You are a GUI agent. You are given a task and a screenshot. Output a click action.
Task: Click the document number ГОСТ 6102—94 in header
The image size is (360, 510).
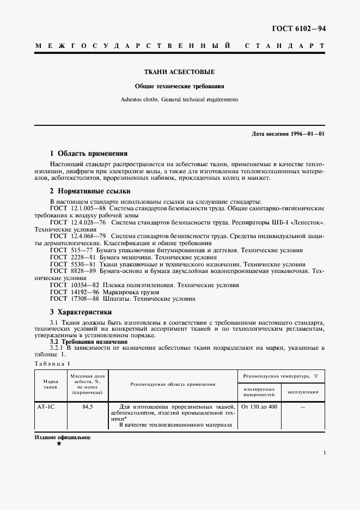pyautogui.click(x=298, y=29)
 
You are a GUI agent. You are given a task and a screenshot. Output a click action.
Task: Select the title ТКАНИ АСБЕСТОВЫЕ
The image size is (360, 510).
pyautogui.click(x=179, y=72)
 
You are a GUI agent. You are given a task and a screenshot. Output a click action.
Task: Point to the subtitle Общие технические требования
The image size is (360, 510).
pyautogui.click(x=179, y=86)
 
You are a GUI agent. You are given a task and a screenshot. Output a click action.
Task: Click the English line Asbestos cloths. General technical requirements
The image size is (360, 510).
pyautogui.click(x=179, y=100)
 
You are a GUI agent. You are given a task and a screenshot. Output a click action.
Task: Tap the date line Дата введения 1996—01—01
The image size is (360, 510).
pyautogui.click(x=289, y=134)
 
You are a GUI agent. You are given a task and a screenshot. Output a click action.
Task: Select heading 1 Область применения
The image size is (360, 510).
pyautogui.click(x=88, y=154)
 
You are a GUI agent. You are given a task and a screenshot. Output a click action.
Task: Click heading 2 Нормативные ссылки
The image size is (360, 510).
pyautogui.click(x=90, y=192)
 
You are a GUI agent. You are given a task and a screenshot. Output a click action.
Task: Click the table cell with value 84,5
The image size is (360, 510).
pyautogui.click(x=87, y=406)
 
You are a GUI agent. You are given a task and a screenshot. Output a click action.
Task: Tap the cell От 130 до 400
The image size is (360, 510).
pyautogui.click(x=259, y=406)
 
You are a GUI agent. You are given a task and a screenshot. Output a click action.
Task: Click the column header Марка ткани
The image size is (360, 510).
pyautogui.click(x=50, y=385)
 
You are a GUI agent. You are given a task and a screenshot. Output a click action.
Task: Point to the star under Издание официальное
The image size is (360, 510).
pyautogui.click(x=59, y=444)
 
